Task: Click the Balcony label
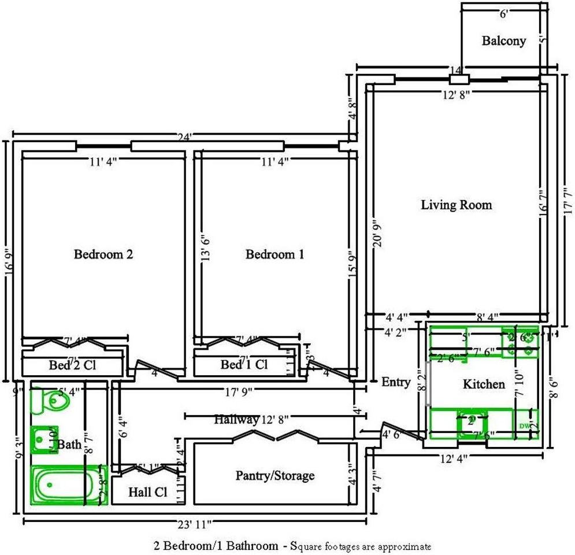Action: coord(504,40)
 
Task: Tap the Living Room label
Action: coord(456,205)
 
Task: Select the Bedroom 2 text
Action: coord(103,254)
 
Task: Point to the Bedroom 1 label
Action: coord(274,254)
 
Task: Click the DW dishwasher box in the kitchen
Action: coord(524,425)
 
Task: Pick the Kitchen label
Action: coord(484,384)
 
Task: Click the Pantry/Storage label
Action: coord(275,475)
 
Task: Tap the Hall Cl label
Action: coord(147,493)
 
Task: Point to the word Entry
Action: coord(396,382)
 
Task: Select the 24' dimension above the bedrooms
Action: coord(185,138)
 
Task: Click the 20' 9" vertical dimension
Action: coord(377,232)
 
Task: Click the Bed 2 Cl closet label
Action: coord(72,365)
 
